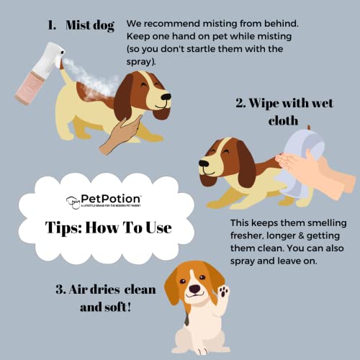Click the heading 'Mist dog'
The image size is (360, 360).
[90, 25]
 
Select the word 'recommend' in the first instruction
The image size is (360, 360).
[178, 24]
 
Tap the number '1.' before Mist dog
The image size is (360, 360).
[51, 25]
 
